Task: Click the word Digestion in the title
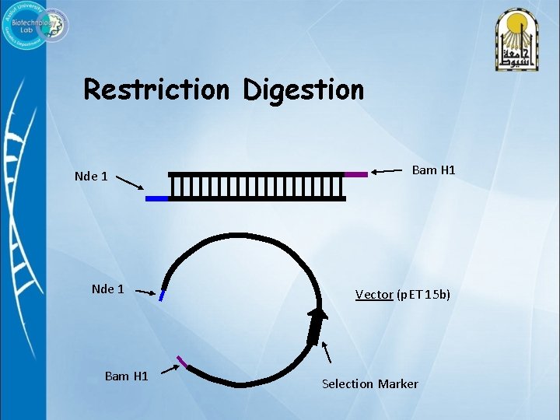pyautogui.click(x=303, y=90)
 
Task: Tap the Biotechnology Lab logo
pyautogui.click(x=37, y=26)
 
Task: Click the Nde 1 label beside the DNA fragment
pyautogui.click(x=91, y=176)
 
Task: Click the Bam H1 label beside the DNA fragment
pyautogui.click(x=433, y=170)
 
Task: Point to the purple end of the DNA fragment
pyautogui.click(x=355, y=175)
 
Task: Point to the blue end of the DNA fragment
pyautogui.click(x=156, y=198)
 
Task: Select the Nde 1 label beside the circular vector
pyautogui.click(x=107, y=289)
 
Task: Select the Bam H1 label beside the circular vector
pyautogui.click(x=126, y=376)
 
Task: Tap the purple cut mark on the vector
pyautogui.click(x=182, y=361)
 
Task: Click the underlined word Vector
pyautogui.click(x=374, y=295)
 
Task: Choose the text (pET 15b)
pyautogui.click(x=423, y=295)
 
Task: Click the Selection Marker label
pyautogui.click(x=369, y=383)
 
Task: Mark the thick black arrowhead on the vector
pyautogui.click(x=316, y=323)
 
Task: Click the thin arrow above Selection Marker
pyautogui.click(x=327, y=353)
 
